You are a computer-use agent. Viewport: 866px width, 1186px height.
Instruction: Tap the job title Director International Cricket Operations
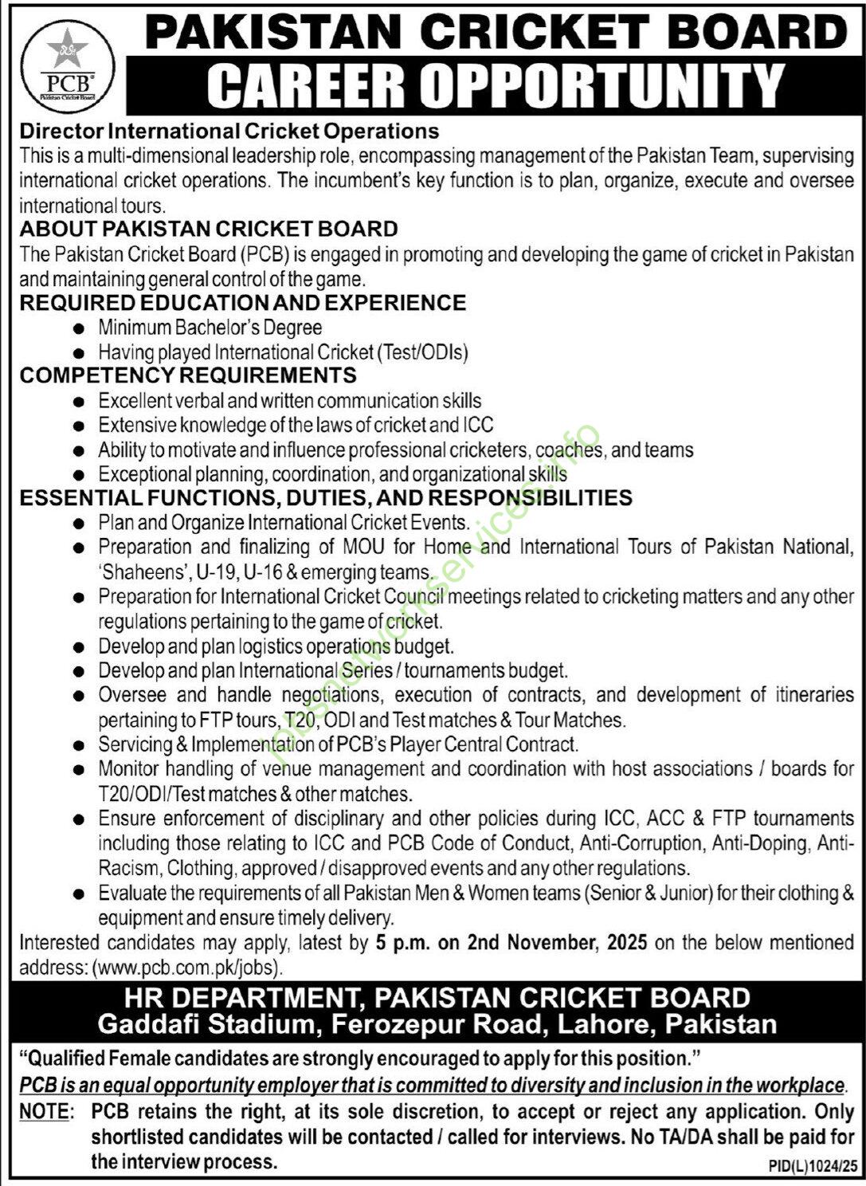coord(229,130)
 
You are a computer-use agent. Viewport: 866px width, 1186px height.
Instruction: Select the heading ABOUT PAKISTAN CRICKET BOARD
coord(209,229)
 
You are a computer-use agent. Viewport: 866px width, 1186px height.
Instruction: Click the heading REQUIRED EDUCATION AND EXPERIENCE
coord(243,303)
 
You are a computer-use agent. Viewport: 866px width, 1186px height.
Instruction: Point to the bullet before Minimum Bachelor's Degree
coord(77,328)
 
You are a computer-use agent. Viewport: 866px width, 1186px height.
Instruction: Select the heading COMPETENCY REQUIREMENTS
coord(188,375)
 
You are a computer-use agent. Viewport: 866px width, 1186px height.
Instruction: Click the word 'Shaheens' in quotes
coord(141,572)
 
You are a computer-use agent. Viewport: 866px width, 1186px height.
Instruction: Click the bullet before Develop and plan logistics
coord(77,647)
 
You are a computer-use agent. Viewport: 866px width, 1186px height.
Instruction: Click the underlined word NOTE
coord(44,1111)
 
